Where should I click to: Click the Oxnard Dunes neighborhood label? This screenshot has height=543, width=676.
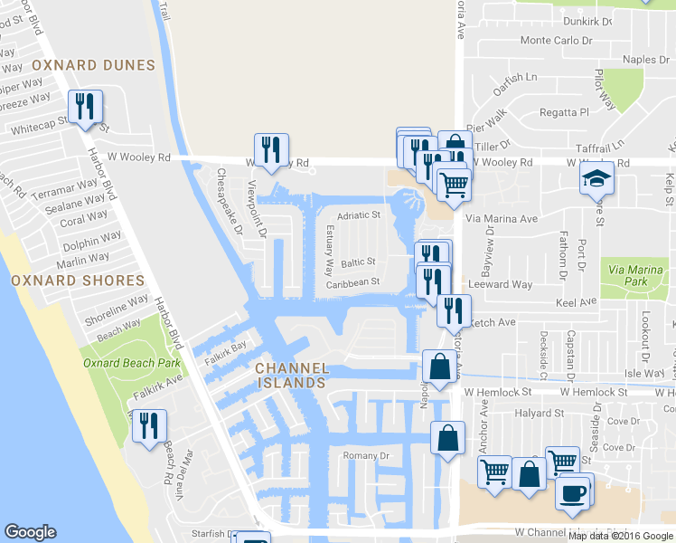coord(93,65)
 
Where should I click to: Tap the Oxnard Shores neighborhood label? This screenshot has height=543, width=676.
coord(78,281)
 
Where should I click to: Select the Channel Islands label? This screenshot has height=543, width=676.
coord(289,376)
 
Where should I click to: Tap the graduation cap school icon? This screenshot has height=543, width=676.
coord(597,178)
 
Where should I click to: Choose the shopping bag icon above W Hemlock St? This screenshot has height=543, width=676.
coord(439,367)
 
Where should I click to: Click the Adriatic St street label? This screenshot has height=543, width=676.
coord(359,216)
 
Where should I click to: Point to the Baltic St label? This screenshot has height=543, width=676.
coord(358,262)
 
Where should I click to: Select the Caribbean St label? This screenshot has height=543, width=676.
coord(352,282)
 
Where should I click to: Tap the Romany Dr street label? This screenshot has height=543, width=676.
coord(366,456)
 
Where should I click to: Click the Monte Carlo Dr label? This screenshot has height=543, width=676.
coord(556,40)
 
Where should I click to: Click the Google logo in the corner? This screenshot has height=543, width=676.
coord(30,532)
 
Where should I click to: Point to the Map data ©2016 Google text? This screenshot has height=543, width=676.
coord(621,536)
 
